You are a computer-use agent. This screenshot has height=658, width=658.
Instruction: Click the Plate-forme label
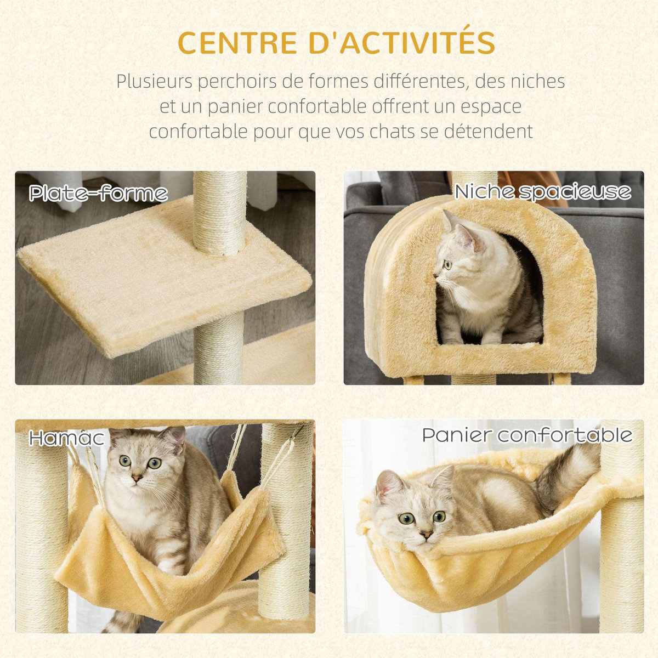[x=98, y=194]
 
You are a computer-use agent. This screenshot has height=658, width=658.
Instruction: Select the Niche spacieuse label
[x=542, y=192]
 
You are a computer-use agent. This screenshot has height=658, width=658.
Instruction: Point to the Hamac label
[x=66, y=438]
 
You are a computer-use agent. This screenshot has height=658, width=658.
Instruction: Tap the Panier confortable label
[x=527, y=435]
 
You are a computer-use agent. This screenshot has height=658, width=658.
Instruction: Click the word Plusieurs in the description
[x=155, y=82]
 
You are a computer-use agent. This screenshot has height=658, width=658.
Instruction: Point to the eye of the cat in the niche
[x=447, y=265]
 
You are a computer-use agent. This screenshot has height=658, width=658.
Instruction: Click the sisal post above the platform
[x=220, y=211]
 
